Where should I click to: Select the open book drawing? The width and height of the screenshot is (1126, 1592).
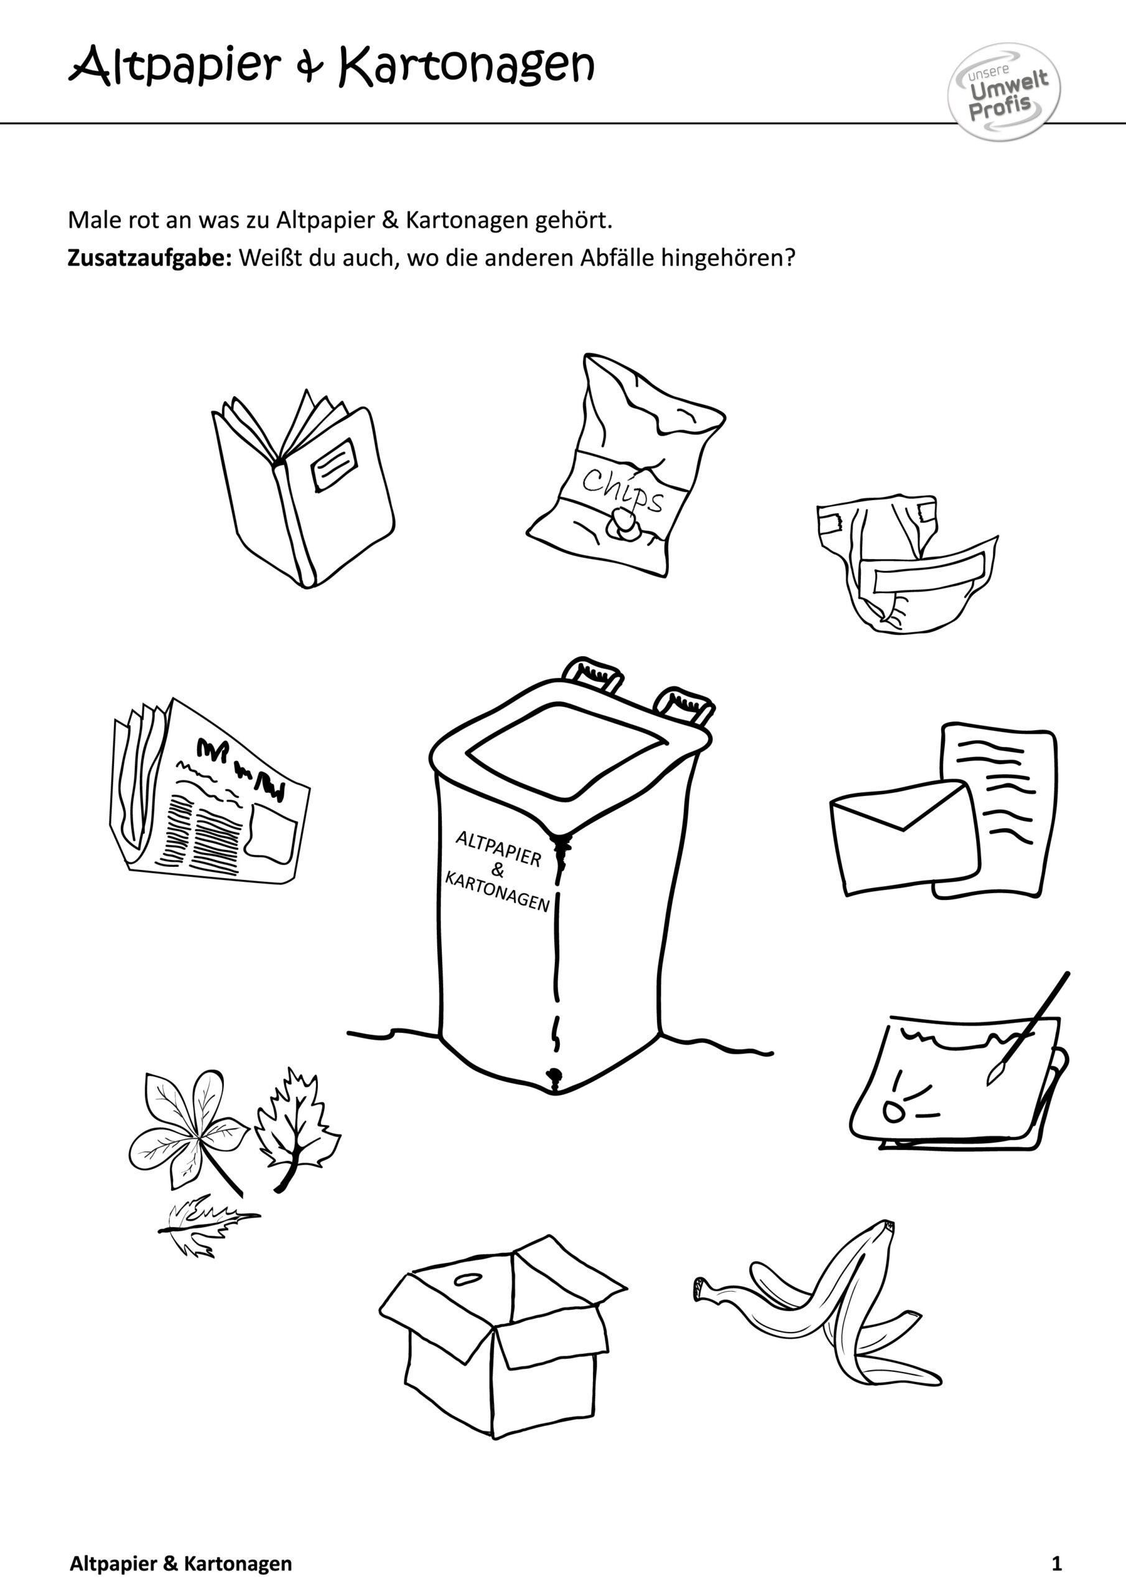pyautogui.click(x=304, y=488)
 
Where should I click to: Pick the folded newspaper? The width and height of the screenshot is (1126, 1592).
pyautogui.click(x=210, y=790)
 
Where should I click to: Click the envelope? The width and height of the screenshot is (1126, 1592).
pyautogui.click(x=904, y=837)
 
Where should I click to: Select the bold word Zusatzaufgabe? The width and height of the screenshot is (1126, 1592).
pyautogui.click(x=149, y=259)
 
